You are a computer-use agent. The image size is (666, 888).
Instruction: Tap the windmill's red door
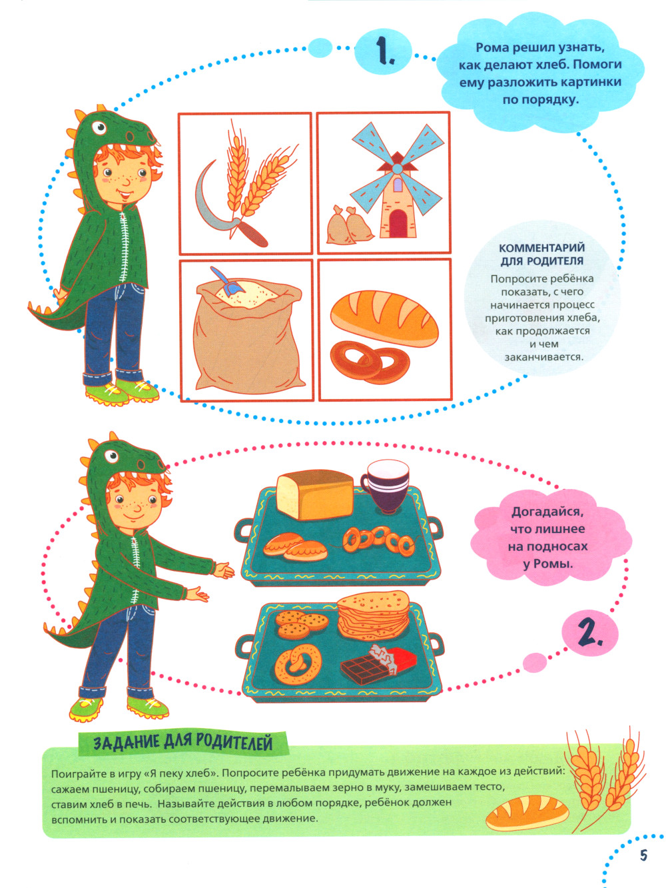point(398,223)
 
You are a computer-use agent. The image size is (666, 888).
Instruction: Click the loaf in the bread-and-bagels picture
point(384,318)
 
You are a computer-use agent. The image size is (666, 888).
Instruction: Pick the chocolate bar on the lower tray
point(378,663)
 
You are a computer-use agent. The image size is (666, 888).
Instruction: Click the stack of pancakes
point(373,615)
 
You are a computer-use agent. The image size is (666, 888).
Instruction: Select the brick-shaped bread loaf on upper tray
point(314,494)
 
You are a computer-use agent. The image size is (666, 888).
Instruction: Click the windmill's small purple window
point(398,185)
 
